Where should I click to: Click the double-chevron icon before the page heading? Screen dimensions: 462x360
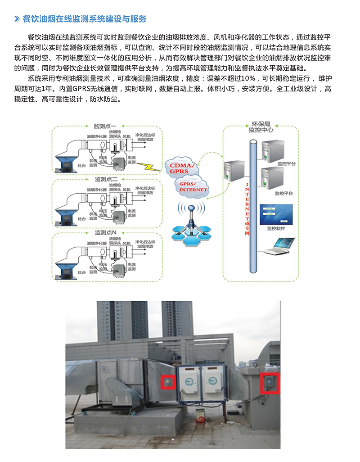pos(17,19)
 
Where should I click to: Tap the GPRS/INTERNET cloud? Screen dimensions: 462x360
pos(193,186)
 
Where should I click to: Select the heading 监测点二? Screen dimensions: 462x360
pos(105,179)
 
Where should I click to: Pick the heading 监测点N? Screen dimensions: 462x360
pos(105,233)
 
